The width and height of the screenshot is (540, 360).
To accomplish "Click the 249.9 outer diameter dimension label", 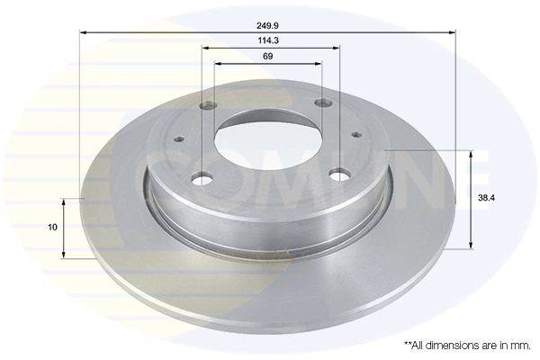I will tap(268, 26).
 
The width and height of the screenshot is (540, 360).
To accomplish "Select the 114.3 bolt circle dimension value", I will tap(268, 40).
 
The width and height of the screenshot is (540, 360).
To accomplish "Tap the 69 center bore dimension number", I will tap(268, 56).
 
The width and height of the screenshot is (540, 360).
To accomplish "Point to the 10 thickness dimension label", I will tap(53, 227).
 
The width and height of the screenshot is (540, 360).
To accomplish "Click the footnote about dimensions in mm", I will tap(467, 345).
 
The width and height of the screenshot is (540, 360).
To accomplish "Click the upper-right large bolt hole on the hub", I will tap(323, 105).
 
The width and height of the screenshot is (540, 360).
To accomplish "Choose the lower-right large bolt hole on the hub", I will tap(340, 174).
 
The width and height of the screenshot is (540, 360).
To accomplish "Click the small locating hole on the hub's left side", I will tap(178, 139).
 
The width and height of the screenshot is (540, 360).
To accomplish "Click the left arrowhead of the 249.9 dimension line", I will tap(84, 32).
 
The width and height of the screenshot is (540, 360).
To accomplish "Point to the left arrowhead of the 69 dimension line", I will tap(218, 64).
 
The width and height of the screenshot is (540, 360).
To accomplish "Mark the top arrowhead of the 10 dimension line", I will tap(62, 200).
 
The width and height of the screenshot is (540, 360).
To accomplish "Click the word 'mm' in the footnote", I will tap(519, 345).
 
